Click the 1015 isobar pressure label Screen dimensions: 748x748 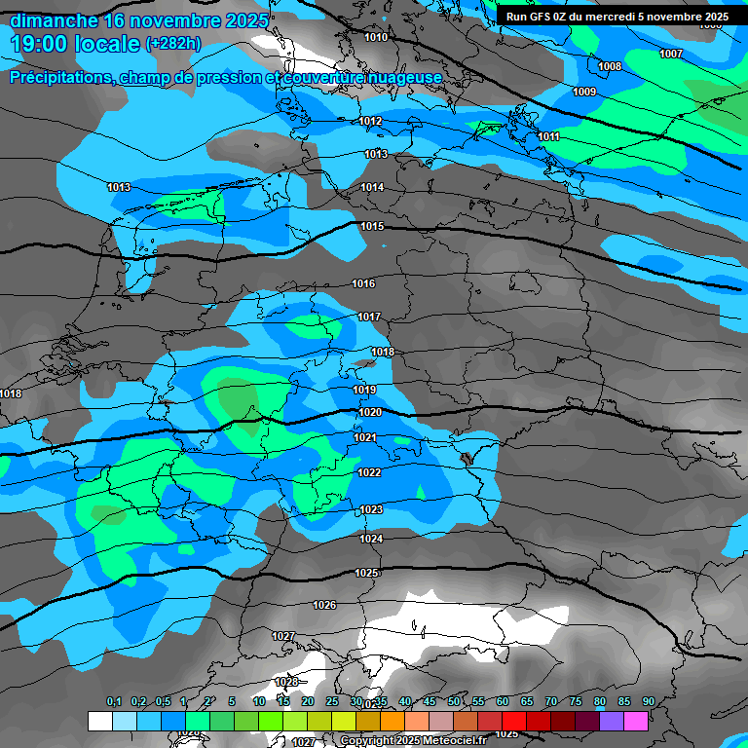[372, 226]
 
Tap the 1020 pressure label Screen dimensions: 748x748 [370, 412]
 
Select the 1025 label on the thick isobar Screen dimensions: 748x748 [366, 573]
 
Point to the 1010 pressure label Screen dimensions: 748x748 [376, 37]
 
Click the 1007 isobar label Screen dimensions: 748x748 [671, 54]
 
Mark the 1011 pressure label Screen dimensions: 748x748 [549, 137]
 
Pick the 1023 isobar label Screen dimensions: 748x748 [371, 509]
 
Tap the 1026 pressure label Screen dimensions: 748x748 [324, 605]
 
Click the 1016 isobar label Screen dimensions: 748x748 [363, 283]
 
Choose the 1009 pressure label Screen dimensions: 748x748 [584, 92]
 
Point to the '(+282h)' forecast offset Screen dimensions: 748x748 [173, 44]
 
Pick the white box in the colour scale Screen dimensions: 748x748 [99, 721]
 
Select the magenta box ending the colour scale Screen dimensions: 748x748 [636, 721]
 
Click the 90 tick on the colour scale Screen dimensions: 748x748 [649, 702]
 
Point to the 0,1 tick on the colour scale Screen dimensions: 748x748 [113, 702]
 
